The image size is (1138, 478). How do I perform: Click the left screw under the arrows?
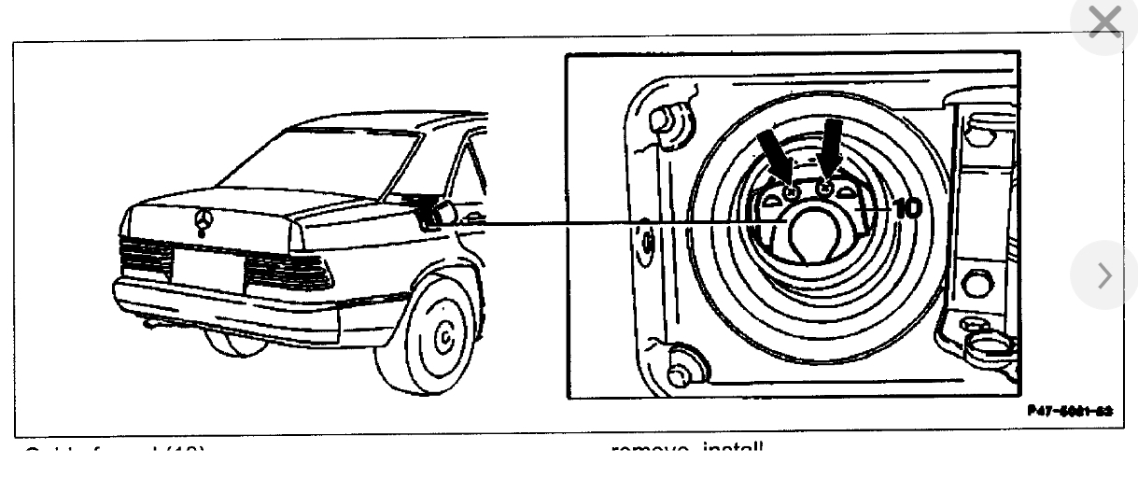791,192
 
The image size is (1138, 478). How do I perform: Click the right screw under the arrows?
824,189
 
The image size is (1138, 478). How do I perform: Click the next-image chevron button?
1107,274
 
